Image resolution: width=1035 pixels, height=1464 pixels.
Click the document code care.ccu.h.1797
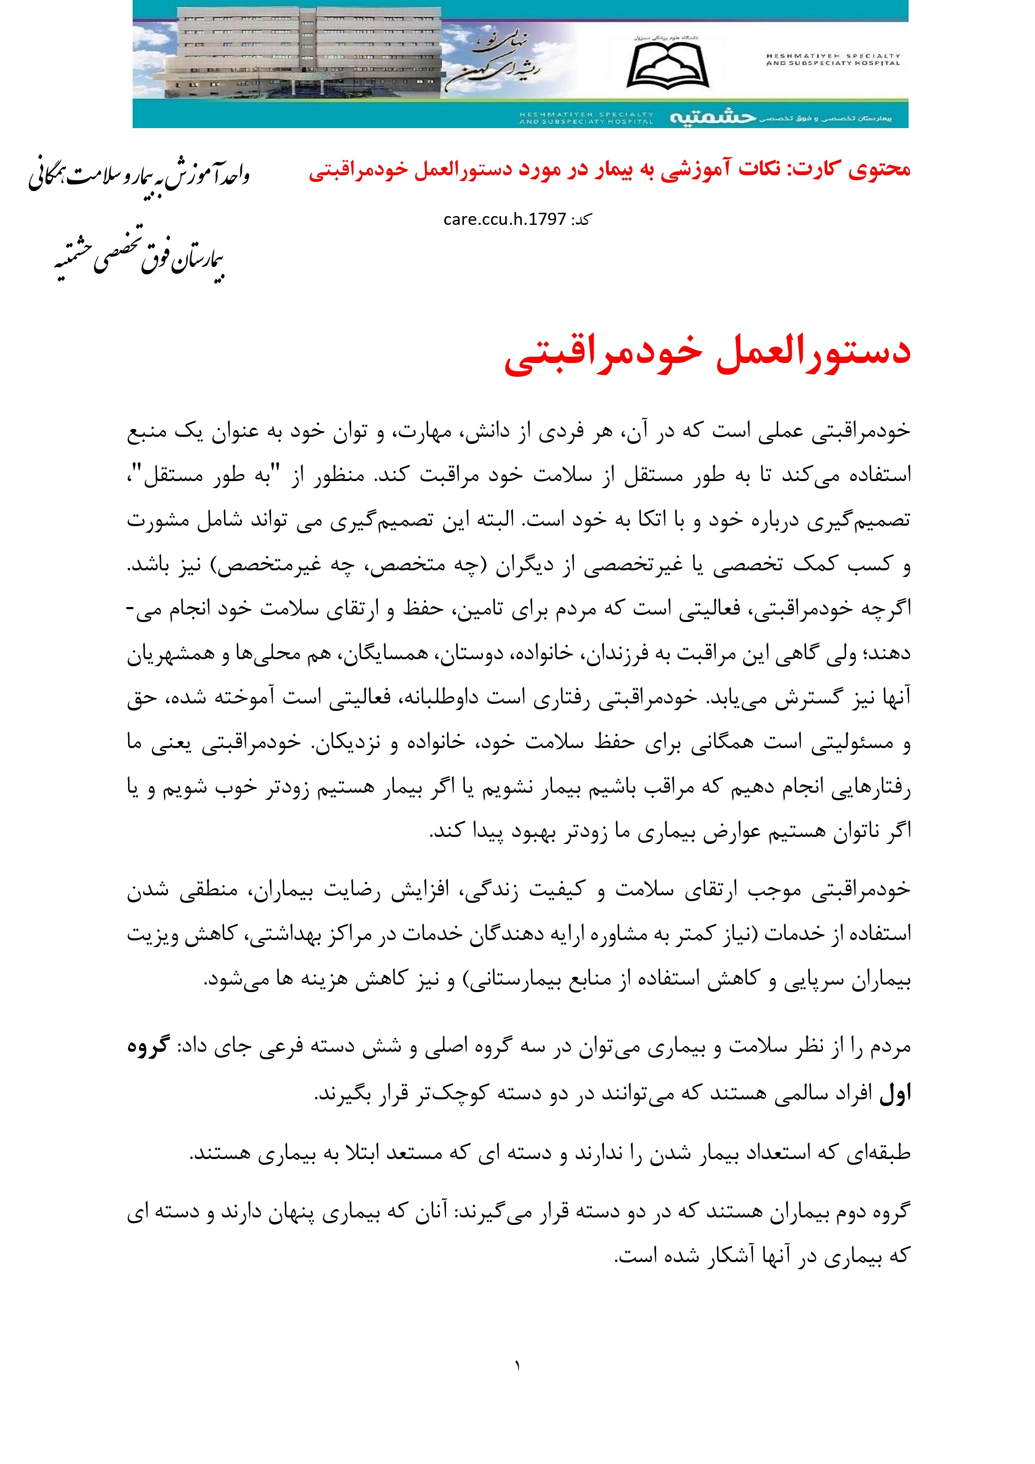click(504, 219)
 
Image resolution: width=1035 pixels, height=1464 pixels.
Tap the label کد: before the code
click(581, 219)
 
